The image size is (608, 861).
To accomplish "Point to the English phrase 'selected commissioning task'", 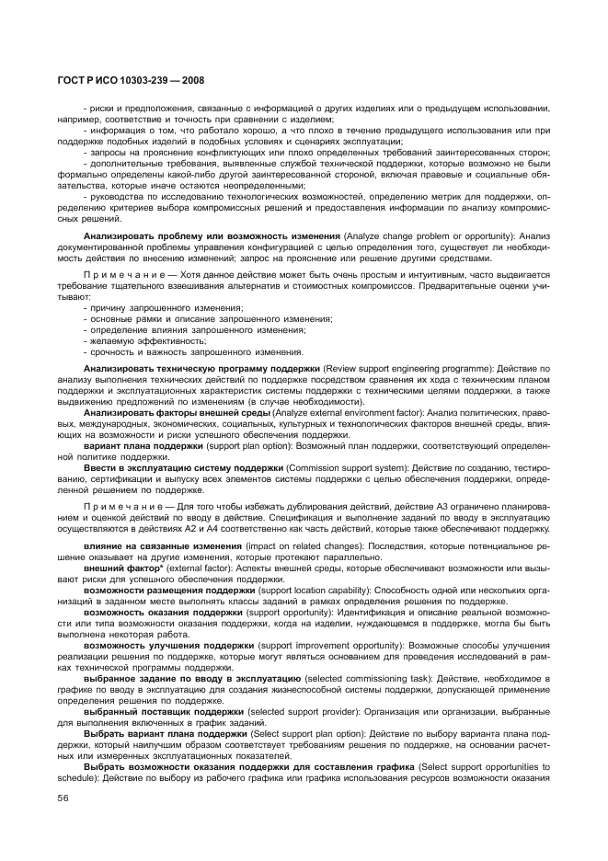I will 379,679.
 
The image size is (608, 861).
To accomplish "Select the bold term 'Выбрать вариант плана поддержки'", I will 166,735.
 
